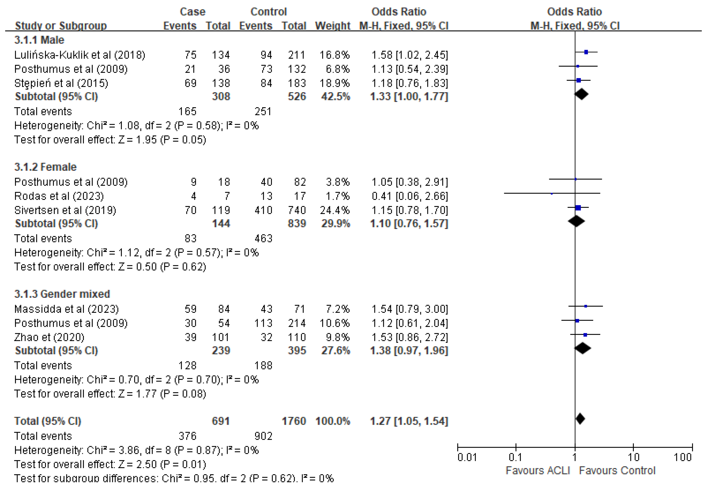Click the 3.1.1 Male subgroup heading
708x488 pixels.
[x=39, y=40]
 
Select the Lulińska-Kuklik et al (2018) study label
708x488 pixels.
[x=80, y=55]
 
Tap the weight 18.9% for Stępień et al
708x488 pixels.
[x=334, y=83]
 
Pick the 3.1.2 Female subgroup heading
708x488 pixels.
[x=45, y=167]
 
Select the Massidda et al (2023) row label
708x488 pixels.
[x=66, y=309]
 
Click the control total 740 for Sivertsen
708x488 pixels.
[x=297, y=210]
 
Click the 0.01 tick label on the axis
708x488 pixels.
[x=467, y=457]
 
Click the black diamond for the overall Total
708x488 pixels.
[x=580, y=419]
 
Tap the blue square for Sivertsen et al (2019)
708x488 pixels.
[x=578, y=208]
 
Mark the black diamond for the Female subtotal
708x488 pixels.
[x=576, y=221]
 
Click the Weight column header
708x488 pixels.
[x=333, y=26]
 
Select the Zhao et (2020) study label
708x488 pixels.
[x=49, y=337]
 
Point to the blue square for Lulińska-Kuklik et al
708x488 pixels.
[x=586, y=52]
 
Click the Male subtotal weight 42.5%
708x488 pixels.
[x=335, y=97]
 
